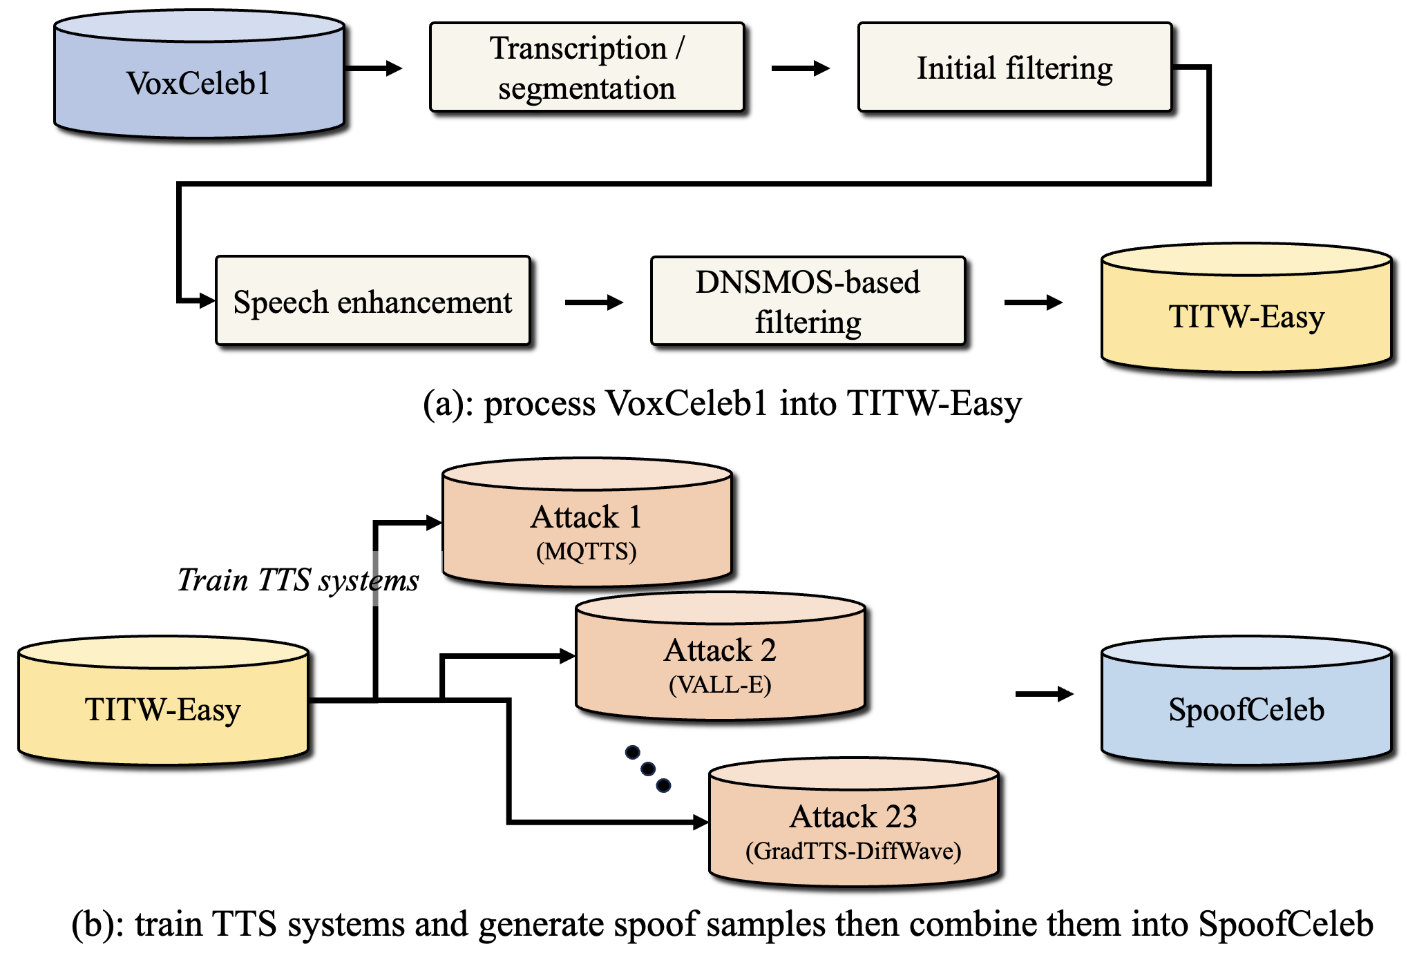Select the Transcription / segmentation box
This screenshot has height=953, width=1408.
click(x=587, y=68)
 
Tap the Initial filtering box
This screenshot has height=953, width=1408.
click(x=1014, y=68)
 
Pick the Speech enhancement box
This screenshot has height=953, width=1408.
click(x=372, y=301)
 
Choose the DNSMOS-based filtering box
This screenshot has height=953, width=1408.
click(x=808, y=301)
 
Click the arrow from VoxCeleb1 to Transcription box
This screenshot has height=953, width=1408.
click(x=373, y=68)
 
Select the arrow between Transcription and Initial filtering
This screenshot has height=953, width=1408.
click(x=800, y=68)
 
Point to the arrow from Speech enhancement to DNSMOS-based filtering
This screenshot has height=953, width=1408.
click(x=593, y=302)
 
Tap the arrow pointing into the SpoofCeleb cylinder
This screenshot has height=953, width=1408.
click(x=1044, y=694)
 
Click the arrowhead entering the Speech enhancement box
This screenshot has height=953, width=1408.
click(x=206, y=301)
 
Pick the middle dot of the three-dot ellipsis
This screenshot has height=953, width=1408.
click(x=648, y=769)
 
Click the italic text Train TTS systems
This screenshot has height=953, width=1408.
click(x=298, y=580)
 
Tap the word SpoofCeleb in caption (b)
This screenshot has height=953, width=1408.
click(x=1286, y=924)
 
